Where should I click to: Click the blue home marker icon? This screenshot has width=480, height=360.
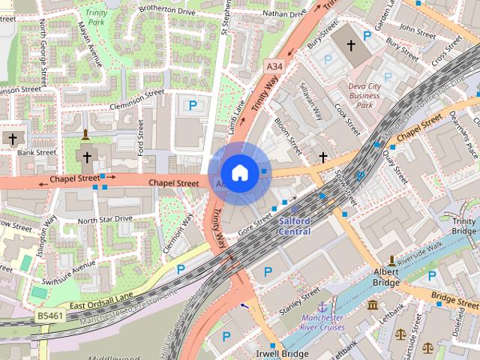coord(239,173)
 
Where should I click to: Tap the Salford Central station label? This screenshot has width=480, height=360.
coord(295,226)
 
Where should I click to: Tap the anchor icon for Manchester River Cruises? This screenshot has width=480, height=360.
coord(322,307)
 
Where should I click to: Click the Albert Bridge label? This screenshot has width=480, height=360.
coord(386,277)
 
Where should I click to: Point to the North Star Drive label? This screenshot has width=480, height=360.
coord(105,219)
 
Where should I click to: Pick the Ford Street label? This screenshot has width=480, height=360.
coord(140,137)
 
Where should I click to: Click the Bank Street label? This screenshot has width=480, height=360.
coord(37,152)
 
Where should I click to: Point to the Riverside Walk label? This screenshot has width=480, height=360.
coord(422,253)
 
